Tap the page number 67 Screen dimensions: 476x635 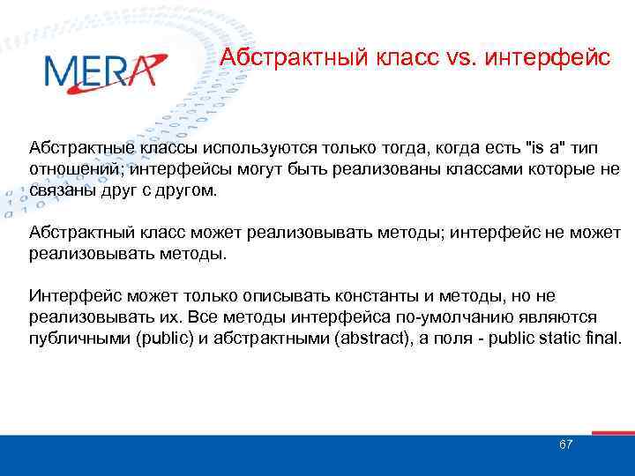566,444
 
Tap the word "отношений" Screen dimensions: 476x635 70,169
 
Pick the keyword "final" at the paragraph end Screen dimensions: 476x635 599,338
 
